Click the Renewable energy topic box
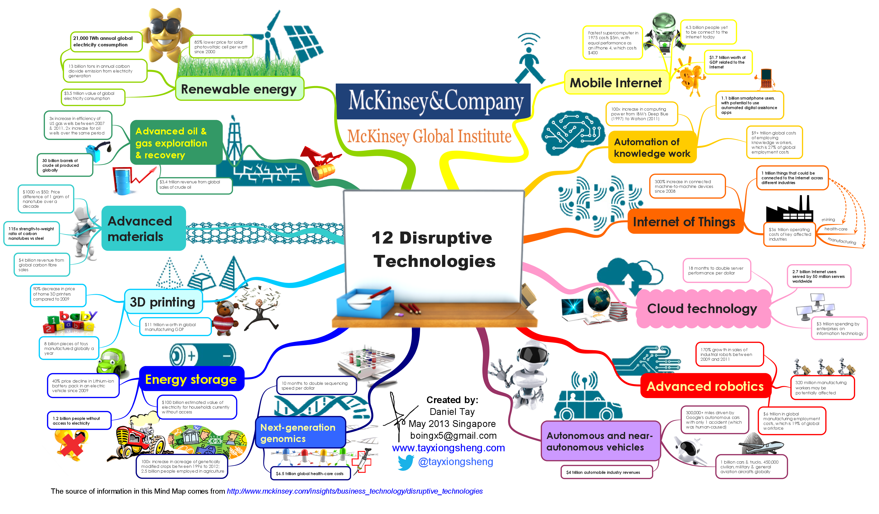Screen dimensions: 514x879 pos(239,89)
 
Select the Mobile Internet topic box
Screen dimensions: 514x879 pos(616,83)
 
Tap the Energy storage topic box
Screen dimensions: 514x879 pos(191,379)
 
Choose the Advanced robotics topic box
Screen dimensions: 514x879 pos(705,386)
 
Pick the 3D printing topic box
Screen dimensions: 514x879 pos(162,302)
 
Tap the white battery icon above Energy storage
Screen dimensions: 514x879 pos(202,355)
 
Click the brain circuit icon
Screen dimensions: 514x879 pos(572,132)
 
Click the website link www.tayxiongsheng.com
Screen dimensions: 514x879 pos(449,448)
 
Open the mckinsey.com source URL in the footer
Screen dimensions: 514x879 pos(355,491)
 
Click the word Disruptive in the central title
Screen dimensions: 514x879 pos(446,238)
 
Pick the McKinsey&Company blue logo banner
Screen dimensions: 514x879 pos(433,101)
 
